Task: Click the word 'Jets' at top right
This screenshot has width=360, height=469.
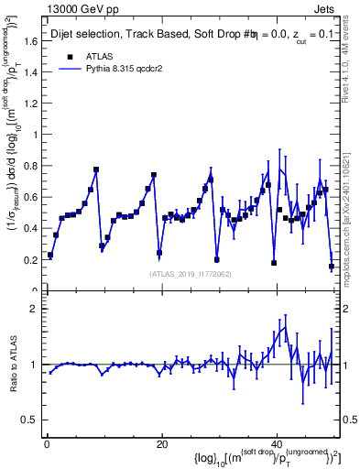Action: (325, 9)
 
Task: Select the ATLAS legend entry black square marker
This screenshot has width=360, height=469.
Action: (69, 56)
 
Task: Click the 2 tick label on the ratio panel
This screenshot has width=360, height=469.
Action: (33, 310)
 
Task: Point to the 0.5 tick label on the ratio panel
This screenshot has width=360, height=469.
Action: (28, 420)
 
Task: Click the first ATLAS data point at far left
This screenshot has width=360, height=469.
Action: (50, 256)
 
